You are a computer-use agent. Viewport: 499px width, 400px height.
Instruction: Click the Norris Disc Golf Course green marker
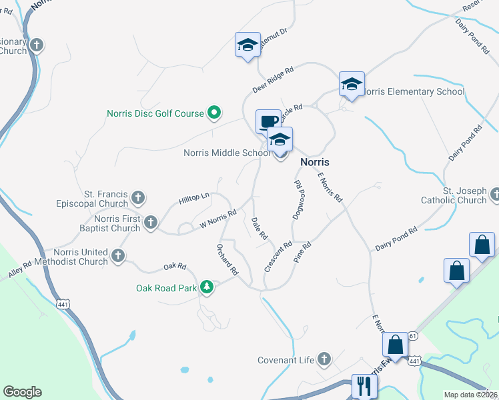point(213,113)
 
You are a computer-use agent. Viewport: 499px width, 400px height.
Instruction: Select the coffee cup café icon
point(268,121)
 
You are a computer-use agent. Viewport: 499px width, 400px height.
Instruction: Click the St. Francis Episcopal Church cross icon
point(138,197)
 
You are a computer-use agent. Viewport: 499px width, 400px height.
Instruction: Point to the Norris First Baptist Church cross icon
point(151,222)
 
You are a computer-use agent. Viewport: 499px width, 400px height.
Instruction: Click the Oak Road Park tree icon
point(207,287)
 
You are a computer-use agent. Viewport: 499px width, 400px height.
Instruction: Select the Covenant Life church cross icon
point(324,360)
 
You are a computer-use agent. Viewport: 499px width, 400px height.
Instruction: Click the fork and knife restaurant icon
point(364,385)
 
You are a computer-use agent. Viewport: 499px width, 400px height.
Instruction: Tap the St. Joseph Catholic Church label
point(454,195)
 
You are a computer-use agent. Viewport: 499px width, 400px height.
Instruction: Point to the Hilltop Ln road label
point(194,198)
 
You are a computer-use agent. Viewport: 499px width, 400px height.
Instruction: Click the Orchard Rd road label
point(227,259)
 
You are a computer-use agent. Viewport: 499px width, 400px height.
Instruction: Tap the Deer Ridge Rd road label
point(273,79)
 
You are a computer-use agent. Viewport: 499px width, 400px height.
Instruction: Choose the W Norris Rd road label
point(218,221)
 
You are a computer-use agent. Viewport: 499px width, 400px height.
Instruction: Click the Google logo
point(22,392)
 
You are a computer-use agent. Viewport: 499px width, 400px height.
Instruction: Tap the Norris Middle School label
point(227,153)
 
